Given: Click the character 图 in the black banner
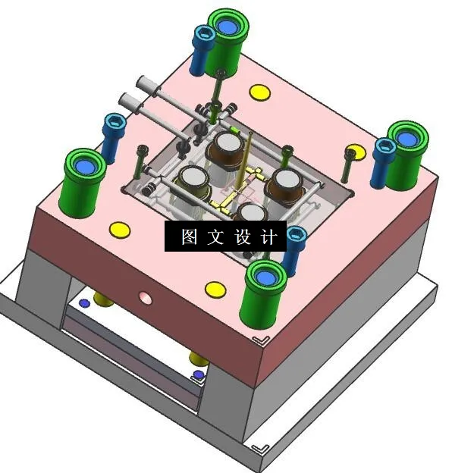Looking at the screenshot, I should click(189, 236).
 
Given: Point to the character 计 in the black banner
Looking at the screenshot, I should click(268, 236).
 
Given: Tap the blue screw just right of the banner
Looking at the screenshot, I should click(295, 246).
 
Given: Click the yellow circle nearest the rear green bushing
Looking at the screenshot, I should click(260, 93).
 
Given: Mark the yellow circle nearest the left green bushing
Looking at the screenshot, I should click(120, 228).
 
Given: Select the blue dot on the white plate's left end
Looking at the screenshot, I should click(84, 303).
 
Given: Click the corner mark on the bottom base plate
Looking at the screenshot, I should click(260, 446).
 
